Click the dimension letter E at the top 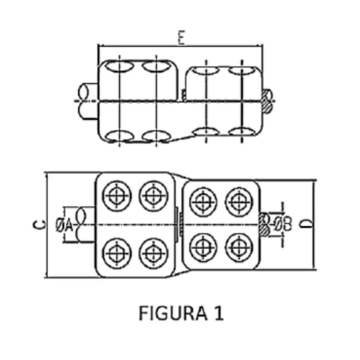pyautogui.click(x=181, y=38)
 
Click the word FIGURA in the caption pyautogui.click(x=169, y=314)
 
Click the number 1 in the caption pyautogui.click(x=218, y=314)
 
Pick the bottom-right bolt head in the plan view pyautogui.click(x=239, y=247)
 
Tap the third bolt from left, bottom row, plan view pyautogui.click(x=203, y=247)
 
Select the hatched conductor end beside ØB pyautogui.click(x=264, y=224)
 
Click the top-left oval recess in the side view pyautogui.click(x=119, y=66)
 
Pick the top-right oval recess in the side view pyautogui.click(x=241, y=70)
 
